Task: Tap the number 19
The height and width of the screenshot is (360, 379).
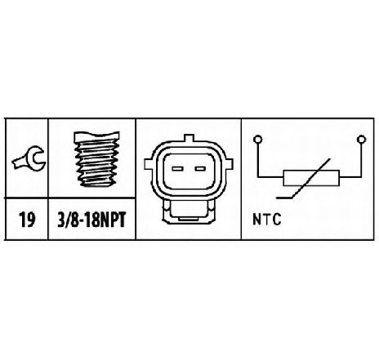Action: [27, 220]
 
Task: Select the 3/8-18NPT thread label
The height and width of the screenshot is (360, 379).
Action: [91, 220]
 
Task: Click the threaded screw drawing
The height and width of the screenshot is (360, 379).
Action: [96, 159]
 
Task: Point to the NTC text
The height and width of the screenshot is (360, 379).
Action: [267, 220]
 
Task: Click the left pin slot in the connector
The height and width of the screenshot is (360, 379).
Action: [177, 169]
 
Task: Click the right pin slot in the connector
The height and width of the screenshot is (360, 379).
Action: [200, 169]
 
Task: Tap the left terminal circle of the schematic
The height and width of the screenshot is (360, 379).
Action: [257, 140]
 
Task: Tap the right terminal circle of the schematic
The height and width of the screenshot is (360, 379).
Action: [361, 140]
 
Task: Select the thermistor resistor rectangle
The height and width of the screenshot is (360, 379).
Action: [311, 178]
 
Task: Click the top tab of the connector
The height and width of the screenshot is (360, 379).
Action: [189, 138]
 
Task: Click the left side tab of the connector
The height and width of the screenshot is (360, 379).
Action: [148, 164]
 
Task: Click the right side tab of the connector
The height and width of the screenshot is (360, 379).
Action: [230, 164]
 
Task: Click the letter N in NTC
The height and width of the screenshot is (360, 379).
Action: [257, 220]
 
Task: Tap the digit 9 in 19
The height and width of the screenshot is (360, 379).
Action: [31, 220]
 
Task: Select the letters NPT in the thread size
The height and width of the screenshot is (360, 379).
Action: [112, 220]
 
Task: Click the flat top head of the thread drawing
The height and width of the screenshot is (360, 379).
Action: [96, 136]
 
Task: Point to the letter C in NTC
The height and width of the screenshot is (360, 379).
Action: [277, 220]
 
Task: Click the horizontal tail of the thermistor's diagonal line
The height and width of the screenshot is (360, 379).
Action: [284, 198]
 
